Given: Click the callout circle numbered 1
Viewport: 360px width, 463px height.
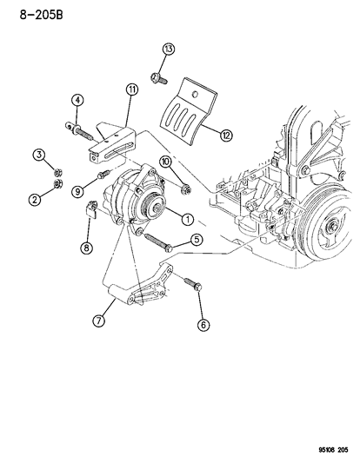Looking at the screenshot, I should click(188, 216).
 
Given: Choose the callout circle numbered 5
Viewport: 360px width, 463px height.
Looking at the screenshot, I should click(198, 240).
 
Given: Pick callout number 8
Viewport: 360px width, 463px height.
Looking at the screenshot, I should click(87, 248).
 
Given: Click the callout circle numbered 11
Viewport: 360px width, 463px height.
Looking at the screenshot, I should click(131, 89).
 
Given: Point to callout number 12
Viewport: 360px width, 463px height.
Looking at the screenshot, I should click(227, 135).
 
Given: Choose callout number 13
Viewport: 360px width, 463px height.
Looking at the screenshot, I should click(168, 47).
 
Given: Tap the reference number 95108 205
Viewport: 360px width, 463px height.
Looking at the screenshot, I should click(325, 450).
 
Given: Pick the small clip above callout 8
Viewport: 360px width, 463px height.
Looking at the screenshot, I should click(90, 209).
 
